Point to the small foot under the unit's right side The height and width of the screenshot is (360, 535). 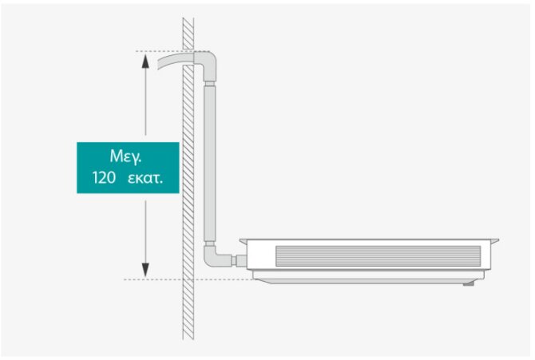point(471,283)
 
